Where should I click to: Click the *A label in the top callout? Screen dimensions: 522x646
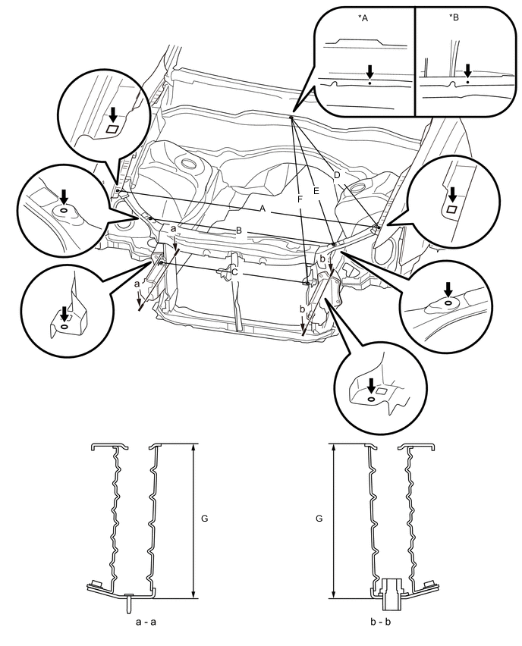tap(363, 17)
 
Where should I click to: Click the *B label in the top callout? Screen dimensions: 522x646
tap(454, 17)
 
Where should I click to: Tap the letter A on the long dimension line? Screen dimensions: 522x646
tap(263, 209)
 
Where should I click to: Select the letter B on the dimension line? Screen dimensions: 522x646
tap(239, 231)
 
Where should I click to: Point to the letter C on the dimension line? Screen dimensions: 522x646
tap(234, 272)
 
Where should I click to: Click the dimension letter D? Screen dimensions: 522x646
tap(337, 175)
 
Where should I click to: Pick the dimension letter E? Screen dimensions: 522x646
tap(316, 191)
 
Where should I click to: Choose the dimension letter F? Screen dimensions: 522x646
tap(300, 199)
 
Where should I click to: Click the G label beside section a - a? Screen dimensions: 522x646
tap(205, 519)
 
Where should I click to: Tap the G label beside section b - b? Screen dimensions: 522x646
tap(319, 519)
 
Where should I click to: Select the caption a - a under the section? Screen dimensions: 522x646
tap(146, 622)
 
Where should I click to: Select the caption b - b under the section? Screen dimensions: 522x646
tap(380, 622)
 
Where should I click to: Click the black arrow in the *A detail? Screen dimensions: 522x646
tap(369, 72)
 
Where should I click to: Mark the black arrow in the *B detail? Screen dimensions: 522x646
tap(467, 71)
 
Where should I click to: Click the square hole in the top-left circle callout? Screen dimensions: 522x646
tap(112, 129)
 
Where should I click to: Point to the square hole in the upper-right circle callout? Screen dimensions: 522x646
tap(452, 209)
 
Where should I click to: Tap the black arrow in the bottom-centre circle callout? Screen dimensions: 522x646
tap(371, 386)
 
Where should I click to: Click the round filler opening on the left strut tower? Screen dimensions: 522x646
tap(189, 163)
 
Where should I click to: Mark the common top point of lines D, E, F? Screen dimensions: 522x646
tap(291, 118)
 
